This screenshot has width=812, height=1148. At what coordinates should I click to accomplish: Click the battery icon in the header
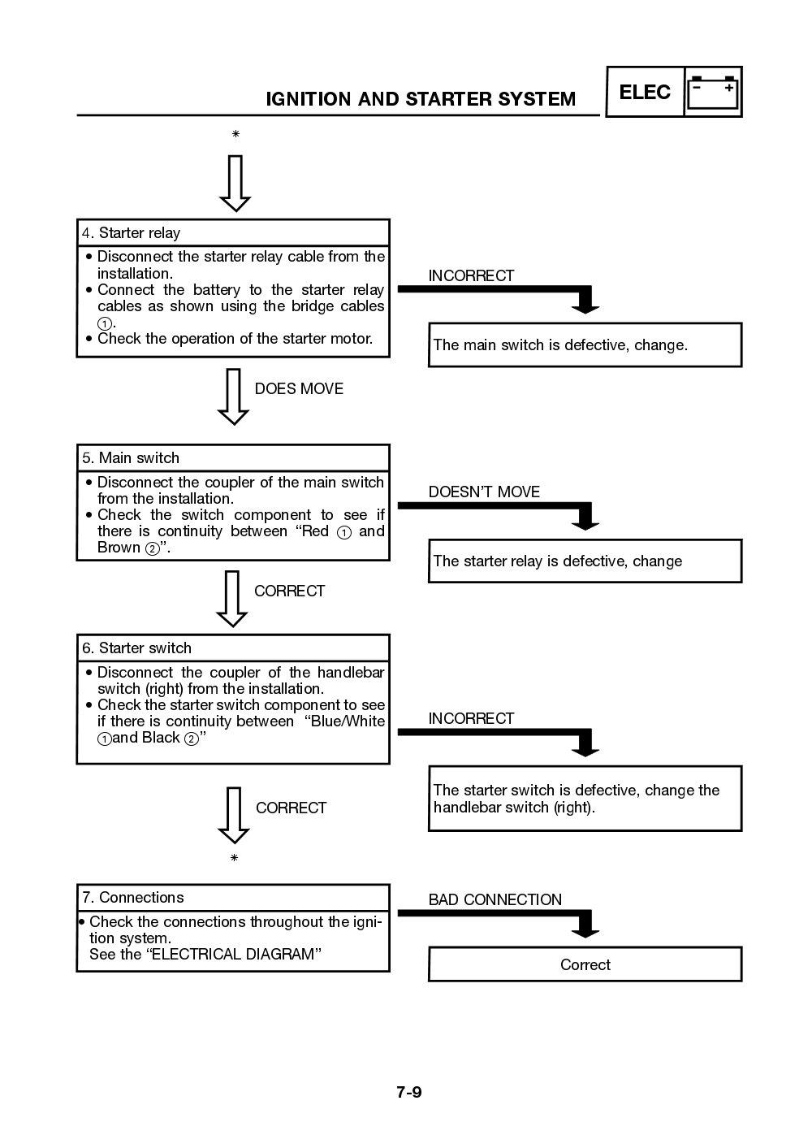tap(713, 92)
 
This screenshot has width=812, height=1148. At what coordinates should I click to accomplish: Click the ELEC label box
tap(645, 92)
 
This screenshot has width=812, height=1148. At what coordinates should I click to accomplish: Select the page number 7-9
tap(409, 1092)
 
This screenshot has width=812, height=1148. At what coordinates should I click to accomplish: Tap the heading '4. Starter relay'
tap(131, 233)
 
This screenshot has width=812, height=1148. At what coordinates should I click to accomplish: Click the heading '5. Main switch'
tap(131, 458)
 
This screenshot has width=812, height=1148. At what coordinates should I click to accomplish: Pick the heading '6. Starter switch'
tap(136, 648)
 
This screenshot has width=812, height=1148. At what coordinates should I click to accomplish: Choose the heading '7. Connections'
tap(132, 898)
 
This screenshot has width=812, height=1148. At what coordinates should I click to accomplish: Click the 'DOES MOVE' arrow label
tap(299, 389)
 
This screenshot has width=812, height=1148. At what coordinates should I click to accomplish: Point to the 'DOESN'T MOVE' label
tap(484, 492)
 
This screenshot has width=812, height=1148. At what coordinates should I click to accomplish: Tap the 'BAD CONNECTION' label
tap(495, 900)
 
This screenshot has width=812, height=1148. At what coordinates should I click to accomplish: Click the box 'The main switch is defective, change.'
tap(585, 345)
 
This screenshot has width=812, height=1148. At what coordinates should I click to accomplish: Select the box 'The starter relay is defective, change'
tap(585, 561)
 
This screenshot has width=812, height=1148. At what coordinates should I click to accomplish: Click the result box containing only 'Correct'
tap(585, 965)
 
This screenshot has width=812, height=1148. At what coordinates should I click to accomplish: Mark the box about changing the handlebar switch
tap(585, 799)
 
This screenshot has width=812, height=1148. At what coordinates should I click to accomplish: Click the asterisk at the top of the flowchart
tap(235, 134)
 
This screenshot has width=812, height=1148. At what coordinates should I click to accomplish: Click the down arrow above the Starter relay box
tap(235, 183)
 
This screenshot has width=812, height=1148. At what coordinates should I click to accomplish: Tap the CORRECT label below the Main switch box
tap(289, 591)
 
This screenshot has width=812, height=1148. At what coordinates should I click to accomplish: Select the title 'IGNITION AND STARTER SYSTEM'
tap(421, 99)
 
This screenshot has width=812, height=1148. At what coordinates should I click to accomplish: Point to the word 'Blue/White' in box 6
tap(348, 721)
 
